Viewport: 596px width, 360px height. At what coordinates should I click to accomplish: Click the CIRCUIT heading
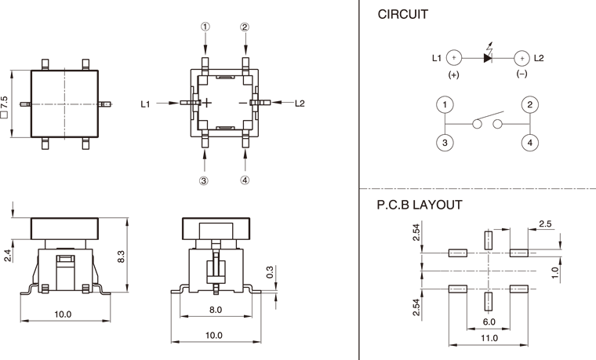pos(403,15)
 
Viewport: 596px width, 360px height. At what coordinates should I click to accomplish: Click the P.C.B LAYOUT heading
pos(420,205)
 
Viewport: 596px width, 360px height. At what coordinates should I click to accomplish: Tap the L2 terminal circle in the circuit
pos(521,57)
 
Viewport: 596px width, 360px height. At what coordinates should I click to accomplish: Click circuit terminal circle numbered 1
pos(445,104)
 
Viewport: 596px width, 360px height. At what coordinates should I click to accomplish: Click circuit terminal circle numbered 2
pos(530,104)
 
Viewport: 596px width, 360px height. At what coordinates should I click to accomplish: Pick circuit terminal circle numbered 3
pos(445,142)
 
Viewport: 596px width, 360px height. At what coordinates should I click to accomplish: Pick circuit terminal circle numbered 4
pos(530,142)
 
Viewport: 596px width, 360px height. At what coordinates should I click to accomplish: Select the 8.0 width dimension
pos(215,310)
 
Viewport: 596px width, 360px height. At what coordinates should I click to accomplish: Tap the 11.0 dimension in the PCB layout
pos(489,338)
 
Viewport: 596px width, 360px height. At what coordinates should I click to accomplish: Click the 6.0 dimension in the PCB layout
pos(488,322)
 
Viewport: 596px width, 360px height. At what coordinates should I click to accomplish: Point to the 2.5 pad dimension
pos(546,225)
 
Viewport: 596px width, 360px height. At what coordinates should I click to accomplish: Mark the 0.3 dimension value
pos(270,273)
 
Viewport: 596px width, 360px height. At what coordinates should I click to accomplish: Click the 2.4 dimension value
pos(7,255)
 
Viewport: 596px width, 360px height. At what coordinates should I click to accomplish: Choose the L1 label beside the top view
pos(147,103)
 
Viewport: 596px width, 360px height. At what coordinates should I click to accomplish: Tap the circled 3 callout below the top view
pos(204,180)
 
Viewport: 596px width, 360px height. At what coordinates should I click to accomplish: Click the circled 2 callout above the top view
pos(245,26)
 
